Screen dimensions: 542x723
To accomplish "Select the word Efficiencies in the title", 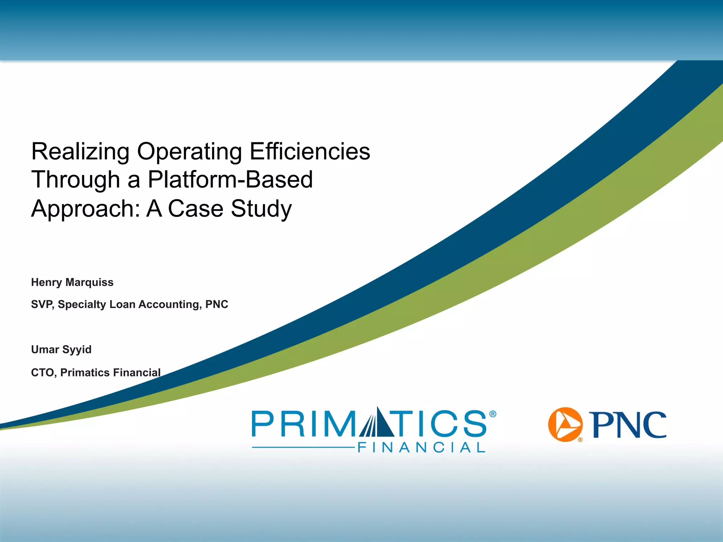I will [310, 152].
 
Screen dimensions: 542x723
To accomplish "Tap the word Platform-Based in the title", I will [230, 180].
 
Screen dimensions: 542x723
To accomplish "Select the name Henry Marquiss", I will [72, 282].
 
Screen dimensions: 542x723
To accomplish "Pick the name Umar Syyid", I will [61, 349].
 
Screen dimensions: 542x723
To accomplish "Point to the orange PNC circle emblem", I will [565, 424].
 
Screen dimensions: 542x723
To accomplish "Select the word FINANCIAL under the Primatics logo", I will [422, 447].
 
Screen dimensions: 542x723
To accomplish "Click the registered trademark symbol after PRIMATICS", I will [493, 414].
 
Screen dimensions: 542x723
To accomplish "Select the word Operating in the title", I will [190, 152].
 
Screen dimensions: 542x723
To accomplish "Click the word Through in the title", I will [76, 180].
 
